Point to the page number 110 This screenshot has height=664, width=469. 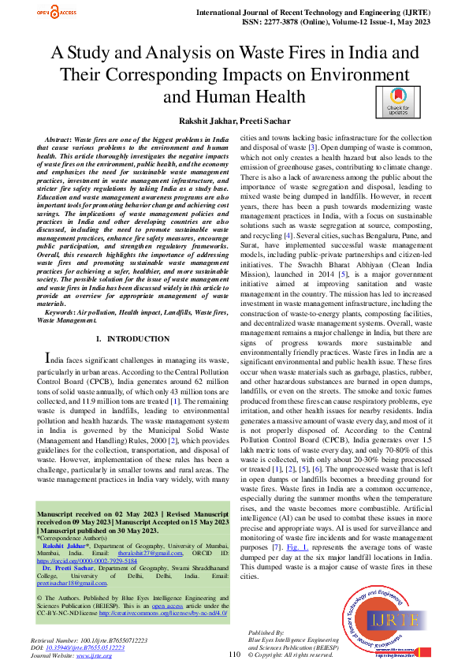click(234, 654)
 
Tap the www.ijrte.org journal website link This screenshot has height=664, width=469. click(94, 655)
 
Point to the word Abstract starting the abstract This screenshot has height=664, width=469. click(61, 138)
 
